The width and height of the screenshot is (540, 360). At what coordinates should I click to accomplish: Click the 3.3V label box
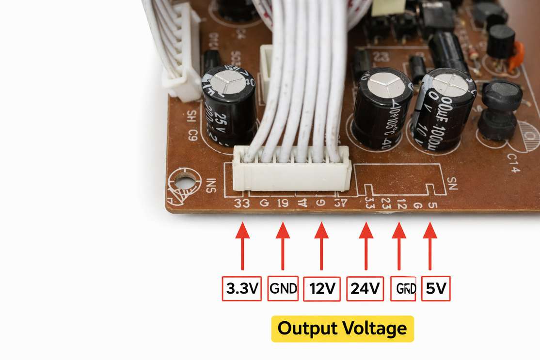coord(242,289)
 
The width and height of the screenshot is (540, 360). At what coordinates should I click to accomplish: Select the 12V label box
coord(322,289)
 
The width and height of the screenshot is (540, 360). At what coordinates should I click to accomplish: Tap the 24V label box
coord(365,289)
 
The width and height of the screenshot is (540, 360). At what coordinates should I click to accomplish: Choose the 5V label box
coord(436,289)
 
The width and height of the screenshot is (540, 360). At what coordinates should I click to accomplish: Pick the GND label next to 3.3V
coord(283,289)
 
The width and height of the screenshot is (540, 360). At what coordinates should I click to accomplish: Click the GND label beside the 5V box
coord(403,289)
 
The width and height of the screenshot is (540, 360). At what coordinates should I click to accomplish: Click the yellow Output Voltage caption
coord(342,329)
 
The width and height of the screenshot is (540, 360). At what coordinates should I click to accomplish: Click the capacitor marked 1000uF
coord(444,109)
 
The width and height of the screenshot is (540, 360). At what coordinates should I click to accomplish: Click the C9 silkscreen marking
coord(192,134)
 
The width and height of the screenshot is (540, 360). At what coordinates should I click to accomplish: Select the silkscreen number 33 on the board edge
coord(241,203)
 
